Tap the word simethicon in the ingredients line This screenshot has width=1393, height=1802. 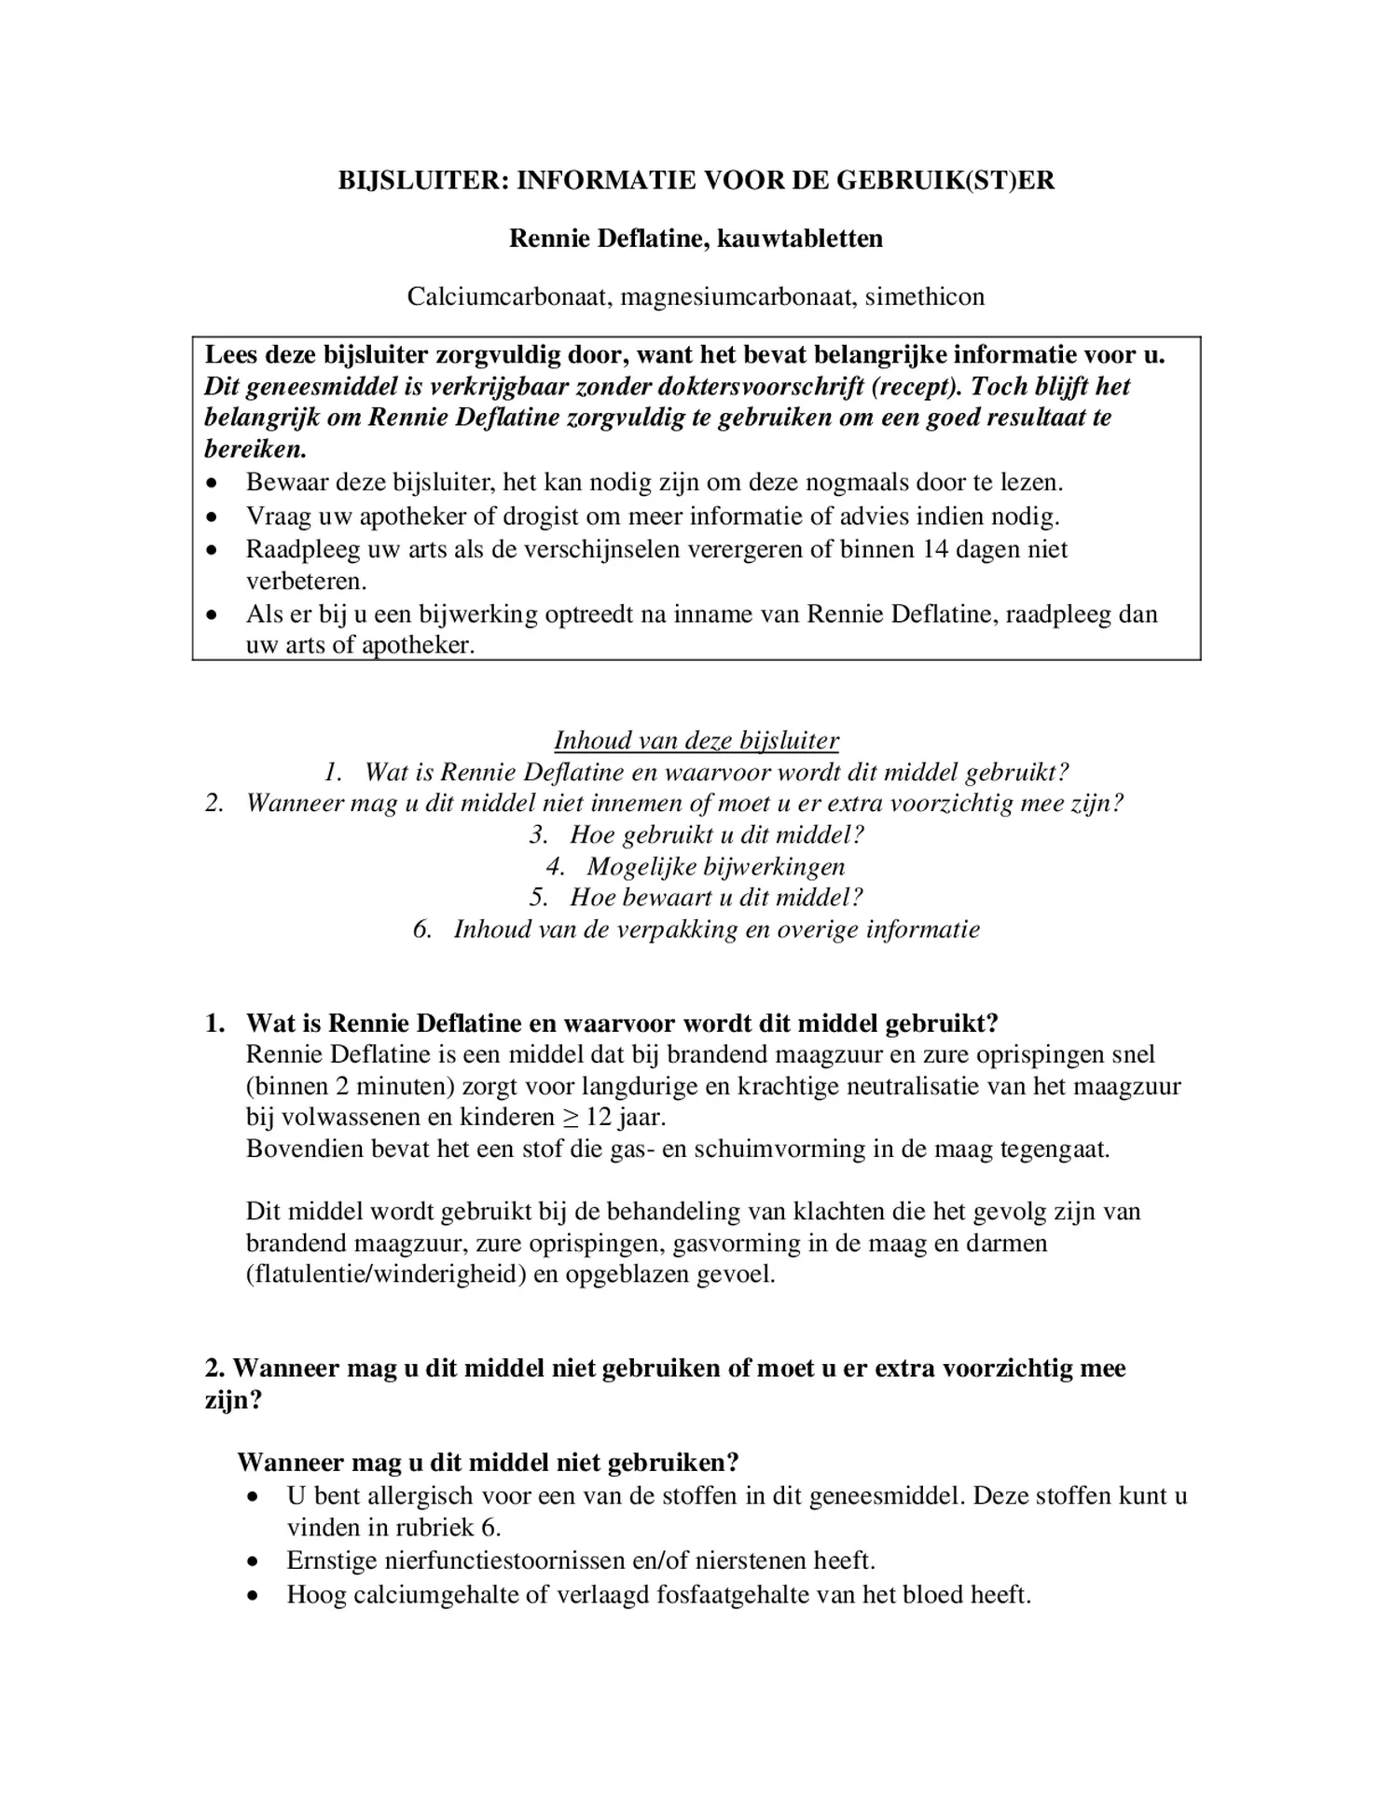click(924, 297)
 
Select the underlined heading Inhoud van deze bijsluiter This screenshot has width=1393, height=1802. click(696, 740)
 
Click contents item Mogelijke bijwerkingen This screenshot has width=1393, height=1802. click(715, 867)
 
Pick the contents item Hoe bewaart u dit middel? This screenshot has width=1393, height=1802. click(715, 898)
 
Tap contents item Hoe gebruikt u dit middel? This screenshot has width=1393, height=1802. click(716, 835)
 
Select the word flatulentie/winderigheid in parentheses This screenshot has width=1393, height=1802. click(386, 1274)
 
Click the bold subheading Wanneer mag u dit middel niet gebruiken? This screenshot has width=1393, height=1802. click(489, 1462)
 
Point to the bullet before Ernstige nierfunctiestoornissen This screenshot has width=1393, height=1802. click(254, 1561)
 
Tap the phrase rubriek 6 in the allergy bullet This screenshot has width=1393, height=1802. click(448, 1528)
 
